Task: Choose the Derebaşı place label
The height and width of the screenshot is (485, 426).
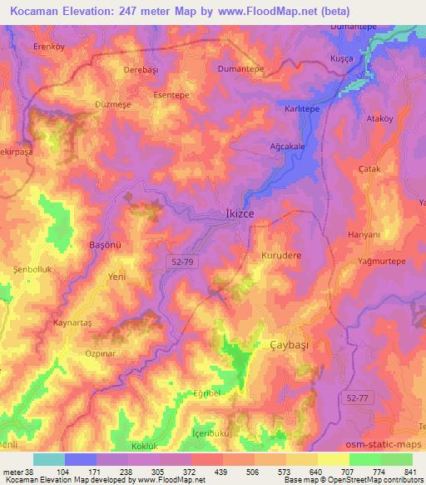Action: click(140, 71)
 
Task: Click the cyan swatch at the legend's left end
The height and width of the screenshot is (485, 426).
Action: click(49, 459)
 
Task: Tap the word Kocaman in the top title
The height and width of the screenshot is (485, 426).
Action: click(41, 12)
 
